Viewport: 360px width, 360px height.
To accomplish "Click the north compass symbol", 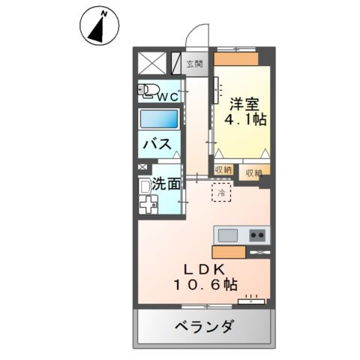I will tap(97, 25).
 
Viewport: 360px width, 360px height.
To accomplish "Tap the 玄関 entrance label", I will tap(195, 64).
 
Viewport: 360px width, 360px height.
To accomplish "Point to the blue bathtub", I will tap(159, 119).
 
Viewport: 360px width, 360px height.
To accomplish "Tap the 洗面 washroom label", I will tap(166, 183).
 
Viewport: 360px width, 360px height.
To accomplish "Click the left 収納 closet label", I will tap(223, 171).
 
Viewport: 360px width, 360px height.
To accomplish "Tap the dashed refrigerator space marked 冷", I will tap(222, 193).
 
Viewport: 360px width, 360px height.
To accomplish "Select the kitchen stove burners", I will tap(257, 235).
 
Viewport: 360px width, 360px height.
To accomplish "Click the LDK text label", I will tap(202, 268).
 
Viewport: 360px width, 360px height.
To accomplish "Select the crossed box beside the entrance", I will tap(152, 61).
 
